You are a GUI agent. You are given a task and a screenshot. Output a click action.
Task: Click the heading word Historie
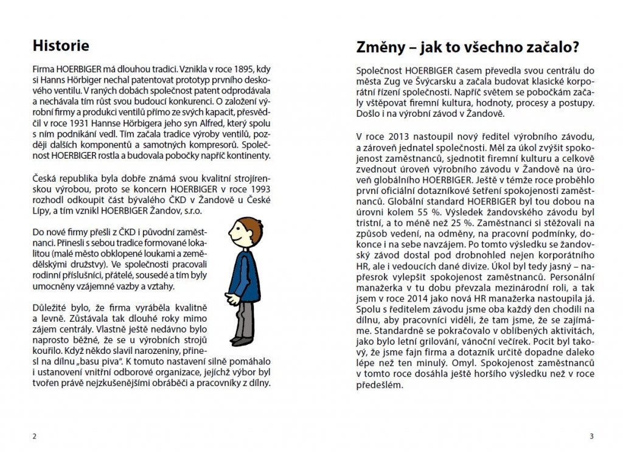60,46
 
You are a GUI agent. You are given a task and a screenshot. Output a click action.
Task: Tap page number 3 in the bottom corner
591,435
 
